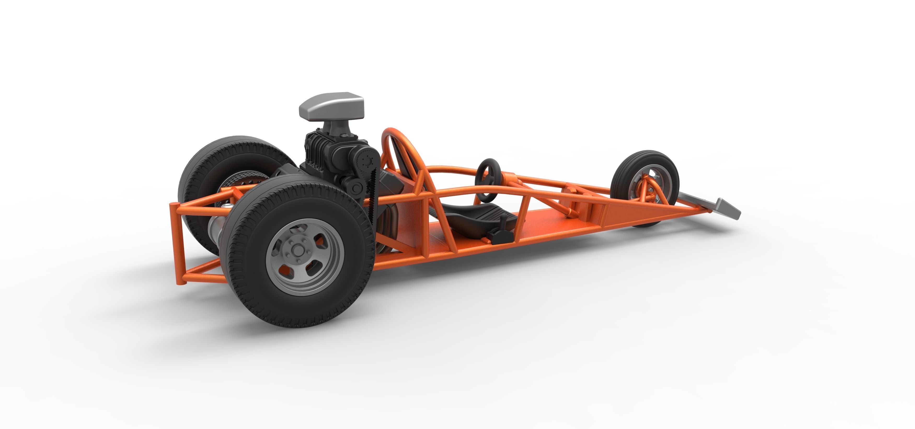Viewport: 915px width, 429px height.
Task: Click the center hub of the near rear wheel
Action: pos(296,250)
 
